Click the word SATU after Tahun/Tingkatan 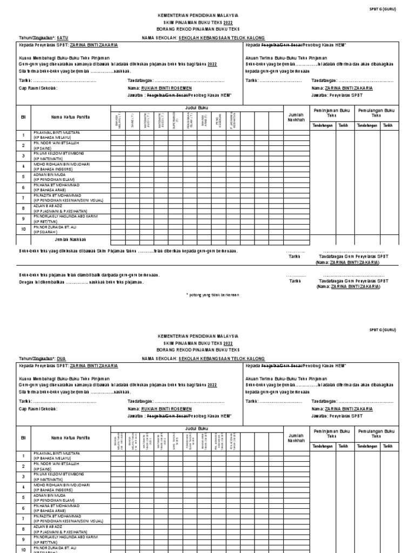pos(63,38)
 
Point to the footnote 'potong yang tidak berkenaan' pos(213,295)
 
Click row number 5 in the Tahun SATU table pos(23,177)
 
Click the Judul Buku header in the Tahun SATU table pos(192,108)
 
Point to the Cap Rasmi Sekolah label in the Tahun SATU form pos(38,87)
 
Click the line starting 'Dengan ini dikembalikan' pos(81,281)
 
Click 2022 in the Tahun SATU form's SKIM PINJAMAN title pos(229,22)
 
